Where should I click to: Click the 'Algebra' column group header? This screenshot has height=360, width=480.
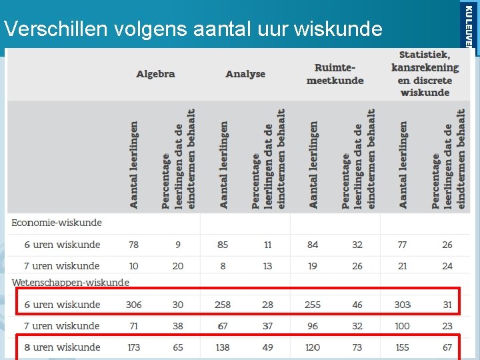tap(155, 74)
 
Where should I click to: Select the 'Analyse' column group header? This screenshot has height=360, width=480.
tap(245, 74)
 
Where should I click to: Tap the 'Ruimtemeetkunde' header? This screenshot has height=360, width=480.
tap(335, 74)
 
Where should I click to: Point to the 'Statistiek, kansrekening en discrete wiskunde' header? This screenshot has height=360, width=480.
tap(425, 73)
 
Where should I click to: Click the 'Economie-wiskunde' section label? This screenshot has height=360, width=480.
tap(57, 223)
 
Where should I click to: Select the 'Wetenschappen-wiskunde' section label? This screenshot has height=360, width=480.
tap(70, 283)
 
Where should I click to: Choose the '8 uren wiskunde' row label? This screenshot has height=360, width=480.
tap(62, 347)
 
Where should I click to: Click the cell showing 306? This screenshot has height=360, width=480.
tap(133, 305)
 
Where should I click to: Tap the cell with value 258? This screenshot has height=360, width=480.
tap(223, 305)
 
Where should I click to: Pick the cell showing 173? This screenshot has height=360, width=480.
tap(133, 347)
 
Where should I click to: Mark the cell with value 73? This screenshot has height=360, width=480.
tap(357, 347)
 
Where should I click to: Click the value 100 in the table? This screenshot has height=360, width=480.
tap(402, 326)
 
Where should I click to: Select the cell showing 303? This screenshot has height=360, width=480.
tap(402, 305)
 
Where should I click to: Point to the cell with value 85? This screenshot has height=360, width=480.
tap(223, 245)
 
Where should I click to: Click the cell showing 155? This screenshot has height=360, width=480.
tap(402, 347)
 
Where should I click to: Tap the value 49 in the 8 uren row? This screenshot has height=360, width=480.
tap(267, 347)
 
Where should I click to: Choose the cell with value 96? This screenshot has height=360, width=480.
tap(313, 326)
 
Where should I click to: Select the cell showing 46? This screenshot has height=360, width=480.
tap(357, 305)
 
